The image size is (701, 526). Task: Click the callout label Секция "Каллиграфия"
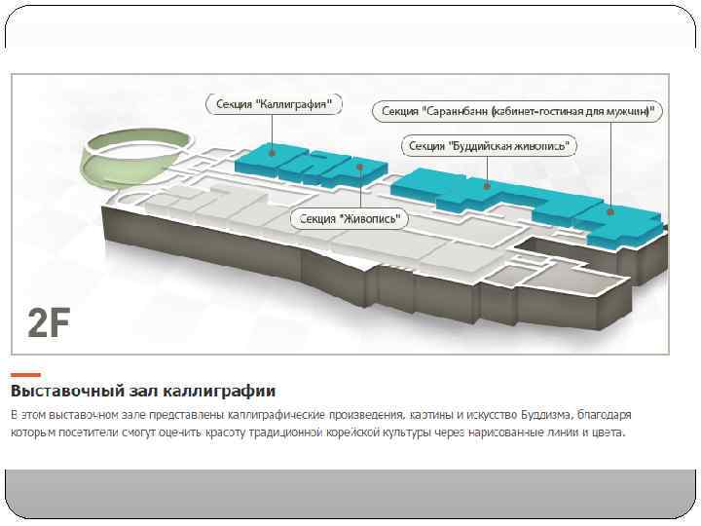(x=275, y=102)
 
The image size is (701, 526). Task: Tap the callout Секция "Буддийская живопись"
(x=490, y=146)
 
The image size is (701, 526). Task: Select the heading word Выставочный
(x=65, y=392)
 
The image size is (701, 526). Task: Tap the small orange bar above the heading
(x=25, y=375)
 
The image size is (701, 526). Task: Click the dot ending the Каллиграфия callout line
(x=274, y=151)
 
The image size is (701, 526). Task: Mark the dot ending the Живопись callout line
(x=361, y=168)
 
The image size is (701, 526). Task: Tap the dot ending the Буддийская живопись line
(x=490, y=181)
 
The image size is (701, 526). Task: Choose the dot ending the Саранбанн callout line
(x=609, y=211)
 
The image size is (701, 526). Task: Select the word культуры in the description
(x=402, y=432)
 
